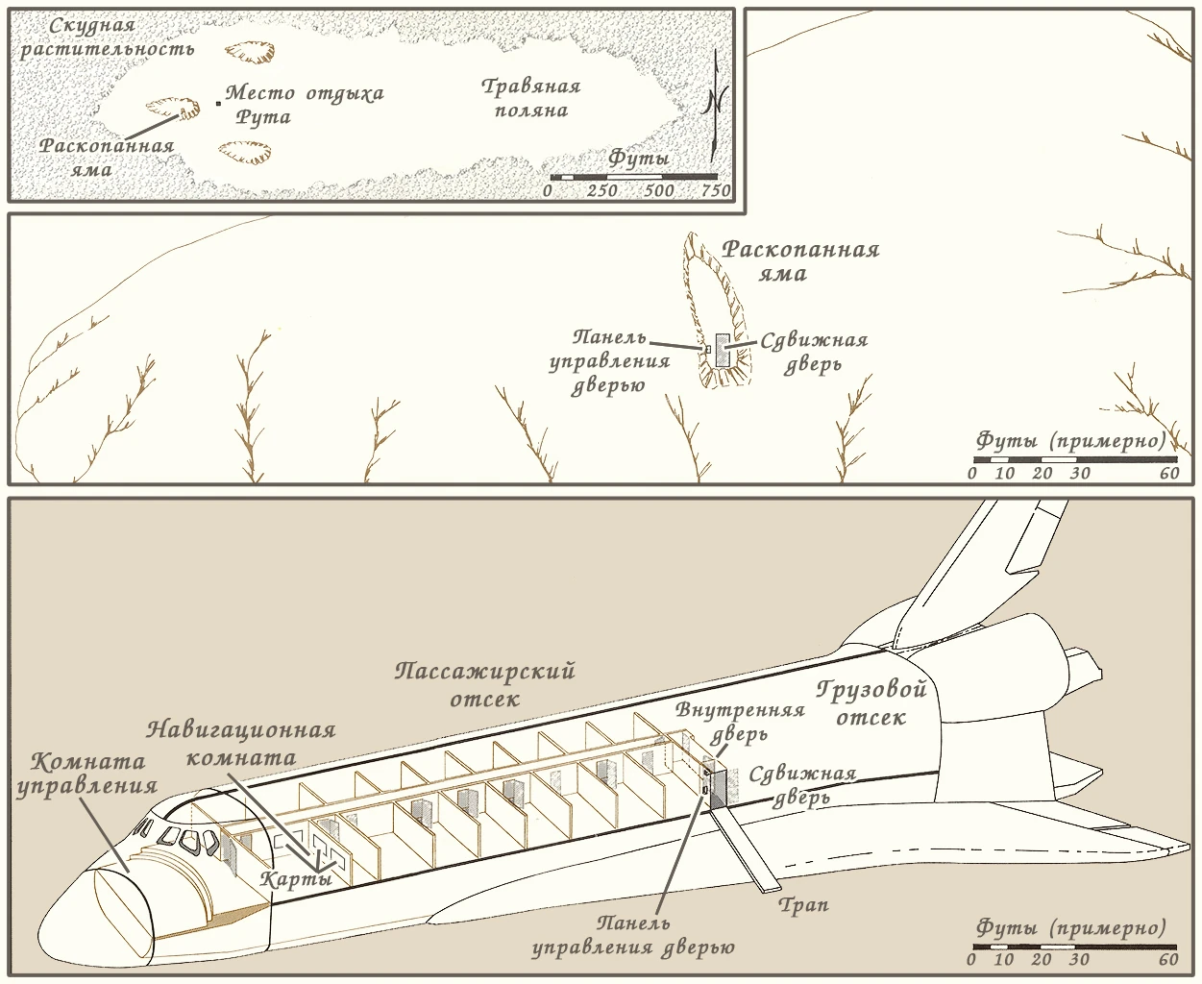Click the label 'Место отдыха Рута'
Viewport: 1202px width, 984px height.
click(304, 105)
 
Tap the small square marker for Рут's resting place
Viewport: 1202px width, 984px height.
click(219, 101)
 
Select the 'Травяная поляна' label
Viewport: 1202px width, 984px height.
click(531, 98)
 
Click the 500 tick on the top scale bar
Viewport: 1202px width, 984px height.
click(659, 190)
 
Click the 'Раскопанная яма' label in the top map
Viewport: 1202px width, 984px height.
click(106, 158)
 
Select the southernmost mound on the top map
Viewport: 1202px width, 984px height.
click(246, 152)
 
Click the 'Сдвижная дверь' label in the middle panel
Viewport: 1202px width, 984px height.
click(813, 352)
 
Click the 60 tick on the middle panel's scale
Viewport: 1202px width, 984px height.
click(1168, 473)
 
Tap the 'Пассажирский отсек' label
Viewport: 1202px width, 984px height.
click(484, 683)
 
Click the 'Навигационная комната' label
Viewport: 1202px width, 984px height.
click(241, 742)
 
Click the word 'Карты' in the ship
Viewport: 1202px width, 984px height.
click(297, 878)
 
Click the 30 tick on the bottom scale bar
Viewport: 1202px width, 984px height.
click(1080, 959)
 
